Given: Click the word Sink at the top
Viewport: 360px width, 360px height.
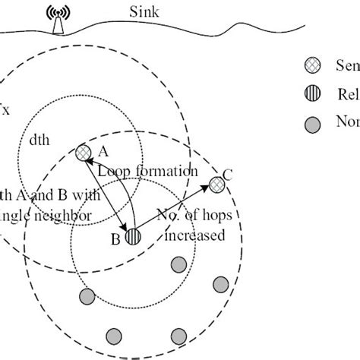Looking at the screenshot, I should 144,12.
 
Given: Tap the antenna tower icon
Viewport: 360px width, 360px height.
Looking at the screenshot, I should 56,20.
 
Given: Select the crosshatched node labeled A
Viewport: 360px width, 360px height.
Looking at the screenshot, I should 83,152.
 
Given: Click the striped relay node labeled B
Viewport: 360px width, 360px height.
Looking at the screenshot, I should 133,236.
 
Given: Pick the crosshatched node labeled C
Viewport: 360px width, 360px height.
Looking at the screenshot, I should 217,184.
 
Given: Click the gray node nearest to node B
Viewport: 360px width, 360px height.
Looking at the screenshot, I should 179,264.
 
